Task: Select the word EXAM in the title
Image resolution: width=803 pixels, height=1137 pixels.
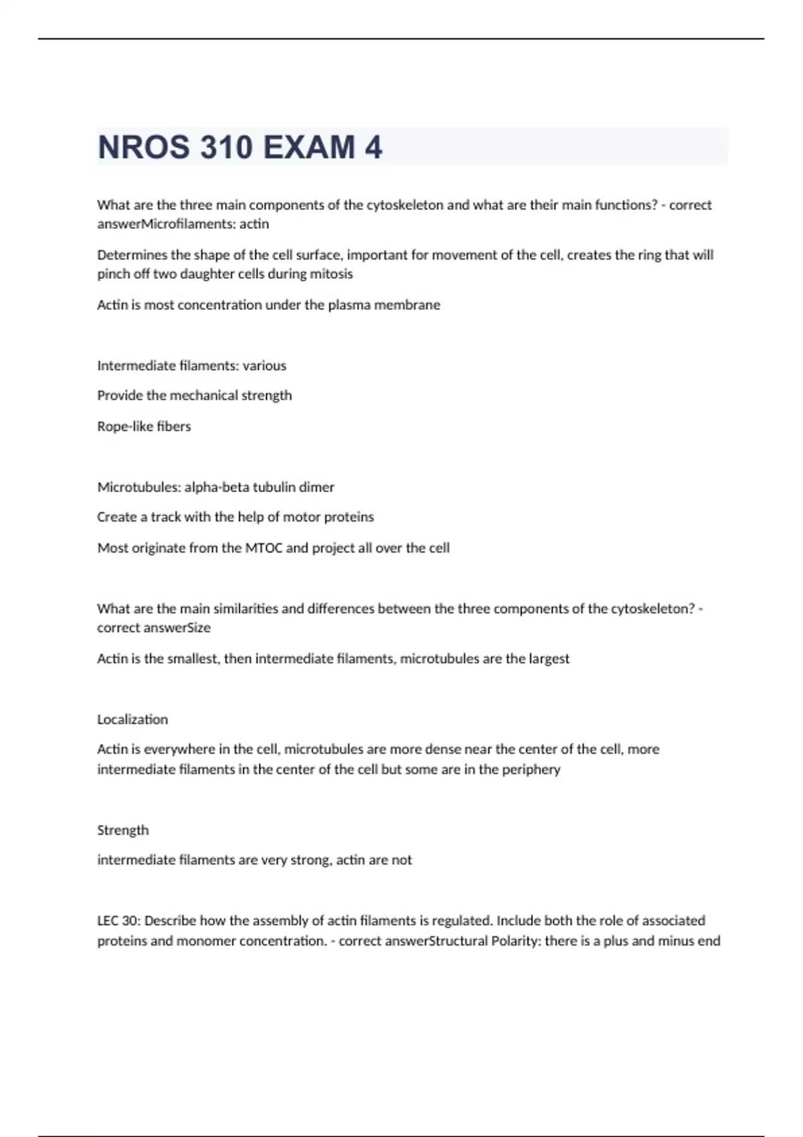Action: pos(308,147)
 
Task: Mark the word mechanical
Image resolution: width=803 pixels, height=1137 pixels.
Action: pos(203,395)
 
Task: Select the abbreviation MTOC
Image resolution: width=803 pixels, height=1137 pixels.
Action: pos(264,548)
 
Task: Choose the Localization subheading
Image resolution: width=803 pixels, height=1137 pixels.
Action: pos(132,720)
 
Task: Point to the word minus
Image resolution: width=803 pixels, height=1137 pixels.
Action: pos(676,941)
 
